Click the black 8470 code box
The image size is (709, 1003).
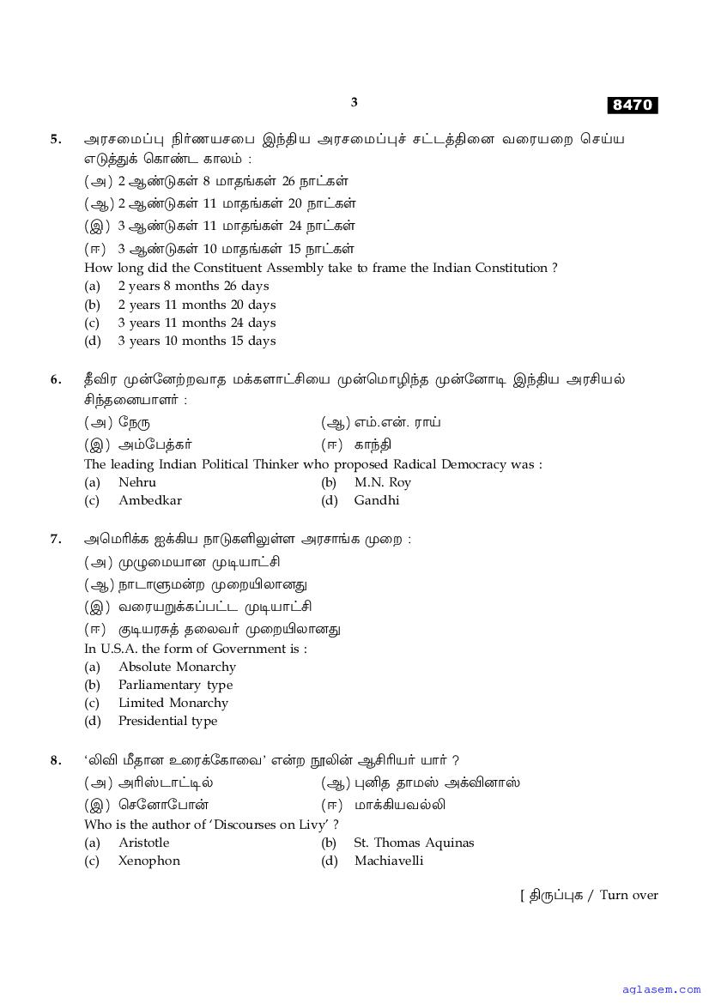point(633,105)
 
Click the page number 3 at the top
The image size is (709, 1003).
point(354,102)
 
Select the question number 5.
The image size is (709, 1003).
point(56,138)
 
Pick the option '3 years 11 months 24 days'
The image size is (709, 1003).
point(197,323)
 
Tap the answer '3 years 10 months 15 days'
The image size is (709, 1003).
point(197,341)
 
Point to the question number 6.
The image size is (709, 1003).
point(56,378)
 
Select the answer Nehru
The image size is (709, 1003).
point(137,482)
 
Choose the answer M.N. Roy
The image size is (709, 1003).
point(382,482)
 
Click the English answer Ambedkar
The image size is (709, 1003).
point(149,500)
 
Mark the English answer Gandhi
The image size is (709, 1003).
point(376,500)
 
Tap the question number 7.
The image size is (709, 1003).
point(56,539)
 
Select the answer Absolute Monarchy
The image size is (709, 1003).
point(177,667)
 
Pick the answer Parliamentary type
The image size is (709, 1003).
point(175,685)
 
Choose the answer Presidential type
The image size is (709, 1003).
point(167,721)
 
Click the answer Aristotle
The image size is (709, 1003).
point(143,843)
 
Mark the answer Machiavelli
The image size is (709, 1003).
point(388,861)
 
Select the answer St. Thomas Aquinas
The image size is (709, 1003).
point(414,843)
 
